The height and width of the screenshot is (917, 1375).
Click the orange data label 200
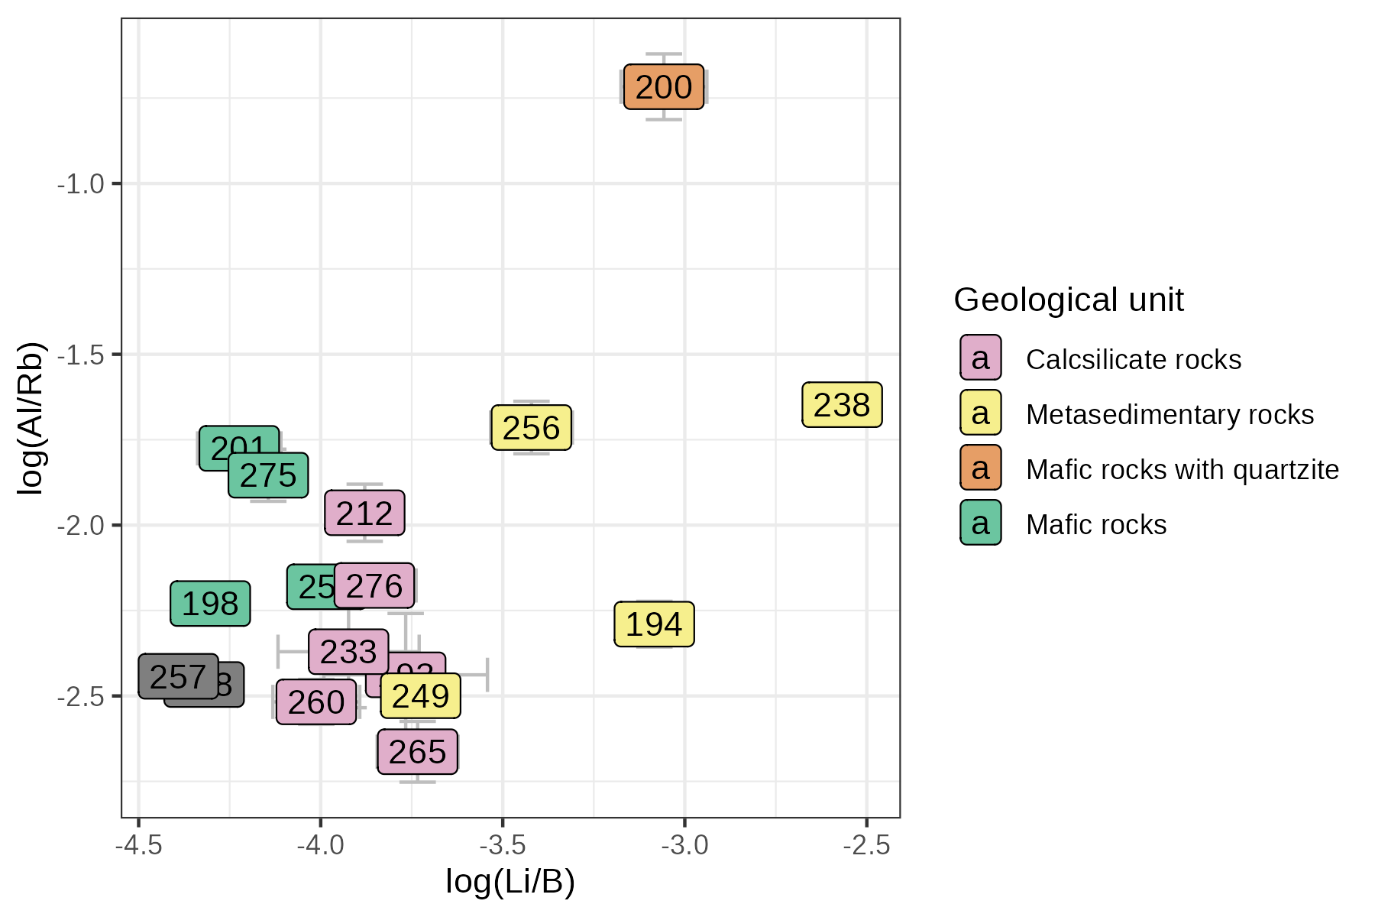click(663, 87)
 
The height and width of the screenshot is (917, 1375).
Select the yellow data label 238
click(842, 405)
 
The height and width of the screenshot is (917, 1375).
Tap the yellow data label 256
click(531, 428)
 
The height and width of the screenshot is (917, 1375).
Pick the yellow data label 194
click(654, 624)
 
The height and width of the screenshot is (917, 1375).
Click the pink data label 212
click(364, 514)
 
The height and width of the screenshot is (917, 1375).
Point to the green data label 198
click(210, 604)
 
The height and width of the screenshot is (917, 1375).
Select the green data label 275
click(268, 476)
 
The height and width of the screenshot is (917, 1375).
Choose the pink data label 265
click(417, 752)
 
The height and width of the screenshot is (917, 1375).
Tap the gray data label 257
click(178, 677)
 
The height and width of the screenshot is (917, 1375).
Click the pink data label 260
click(316, 702)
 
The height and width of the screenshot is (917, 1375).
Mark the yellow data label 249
click(421, 696)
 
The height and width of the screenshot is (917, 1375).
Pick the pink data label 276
click(374, 586)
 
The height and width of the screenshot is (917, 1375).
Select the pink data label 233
click(348, 652)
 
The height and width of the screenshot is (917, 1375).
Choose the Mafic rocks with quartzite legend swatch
click(981, 468)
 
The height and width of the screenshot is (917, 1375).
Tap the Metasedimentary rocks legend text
click(1170, 414)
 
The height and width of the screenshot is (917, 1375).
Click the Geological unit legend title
click(1069, 300)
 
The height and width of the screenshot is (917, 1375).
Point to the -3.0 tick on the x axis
click(684, 845)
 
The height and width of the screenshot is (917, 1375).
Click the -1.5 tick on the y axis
click(81, 355)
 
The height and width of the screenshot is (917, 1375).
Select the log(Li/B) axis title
click(510, 882)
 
